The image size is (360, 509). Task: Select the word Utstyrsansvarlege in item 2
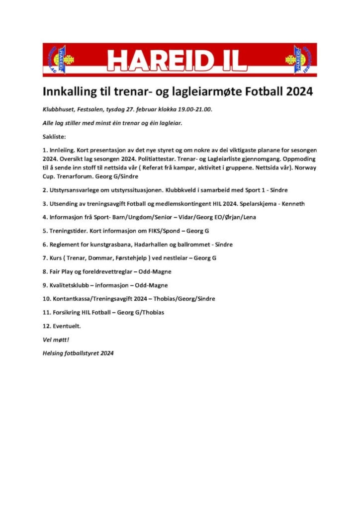(x=75, y=190)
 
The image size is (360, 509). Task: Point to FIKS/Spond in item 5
(x=163, y=231)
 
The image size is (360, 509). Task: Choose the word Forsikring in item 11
(x=65, y=312)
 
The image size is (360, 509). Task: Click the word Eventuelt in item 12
(x=65, y=326)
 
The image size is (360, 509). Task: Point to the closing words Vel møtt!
(x=56, y=339)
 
